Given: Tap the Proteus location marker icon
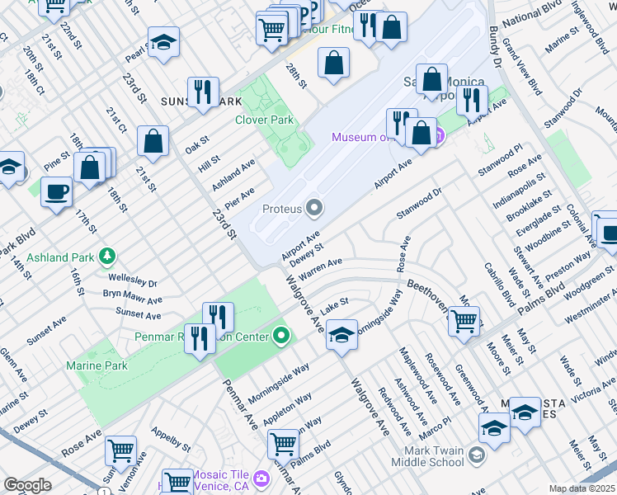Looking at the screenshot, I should [x=314, y=208].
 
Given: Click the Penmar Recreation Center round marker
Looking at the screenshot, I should [x=282, y=336].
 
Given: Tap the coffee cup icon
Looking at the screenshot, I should [x=56, y=192].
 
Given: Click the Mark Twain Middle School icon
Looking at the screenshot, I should [x=476, y=455].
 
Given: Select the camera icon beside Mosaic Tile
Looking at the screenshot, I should [x=261, y=478].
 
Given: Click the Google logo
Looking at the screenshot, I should [x=27, y=485].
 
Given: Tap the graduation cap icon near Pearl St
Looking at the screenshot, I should [x=163, y=43].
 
